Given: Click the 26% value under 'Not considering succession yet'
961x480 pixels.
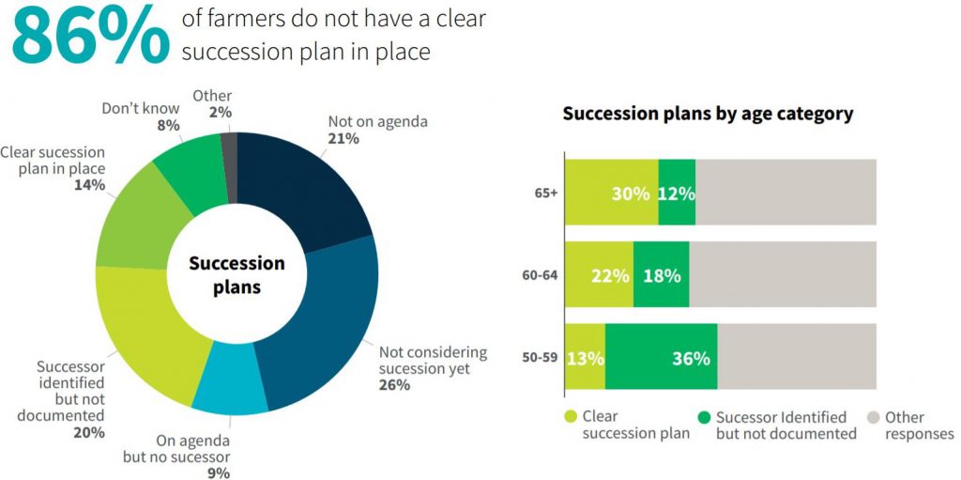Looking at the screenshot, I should pyautogui.click(x=394, y=385).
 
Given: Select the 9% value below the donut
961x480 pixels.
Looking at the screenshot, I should pyautogui.click(x=220, y=472).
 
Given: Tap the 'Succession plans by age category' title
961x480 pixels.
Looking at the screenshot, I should pyautogui.click(x=708, y=114).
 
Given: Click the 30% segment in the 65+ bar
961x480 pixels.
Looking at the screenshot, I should pyautogui.click(x=611, y=193).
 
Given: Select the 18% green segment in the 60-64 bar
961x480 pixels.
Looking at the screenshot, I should pyautogui.click(x=661, y=275).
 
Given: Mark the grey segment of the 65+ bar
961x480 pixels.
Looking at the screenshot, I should pyautogui.click(x=786, y=193).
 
